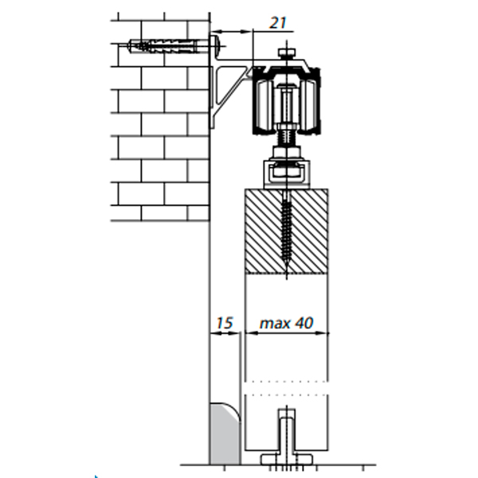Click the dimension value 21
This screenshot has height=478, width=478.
coord(278,22)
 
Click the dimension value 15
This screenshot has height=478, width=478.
coord(225,323)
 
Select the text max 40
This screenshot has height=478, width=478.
coord(286,323)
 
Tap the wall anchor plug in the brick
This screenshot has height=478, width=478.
coord(163,46)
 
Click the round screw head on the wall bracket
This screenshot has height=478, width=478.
coord(216,45)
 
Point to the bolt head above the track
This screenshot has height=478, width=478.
coord(287,52)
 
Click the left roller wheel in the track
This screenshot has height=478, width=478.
coord(264,105)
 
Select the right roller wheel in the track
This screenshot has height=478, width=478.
coord(309,105)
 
